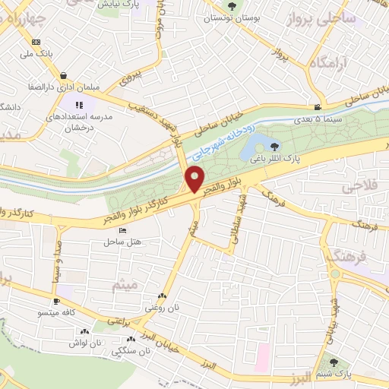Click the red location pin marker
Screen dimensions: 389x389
[194, 180]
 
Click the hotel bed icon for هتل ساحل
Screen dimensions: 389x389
[112, 242]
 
